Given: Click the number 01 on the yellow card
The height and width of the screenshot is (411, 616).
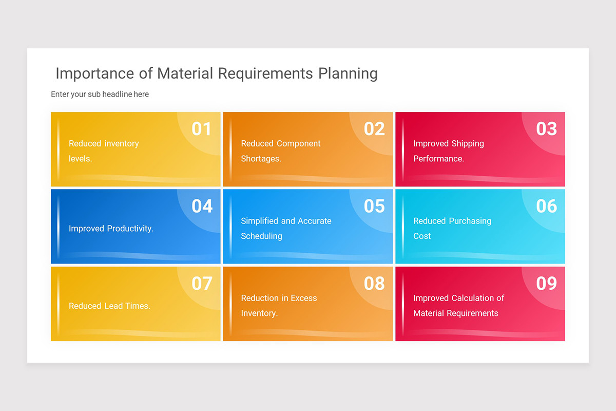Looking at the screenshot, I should point(201,128).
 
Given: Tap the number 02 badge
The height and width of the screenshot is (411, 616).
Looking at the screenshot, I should point(374,128).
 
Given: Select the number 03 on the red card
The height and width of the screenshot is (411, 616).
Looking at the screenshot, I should point(546,128).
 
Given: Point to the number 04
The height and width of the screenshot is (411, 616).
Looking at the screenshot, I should point(202,206).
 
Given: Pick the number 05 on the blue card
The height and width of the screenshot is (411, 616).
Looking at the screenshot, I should point(374,206).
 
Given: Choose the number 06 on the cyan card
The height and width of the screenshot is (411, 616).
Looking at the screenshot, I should point(546,206).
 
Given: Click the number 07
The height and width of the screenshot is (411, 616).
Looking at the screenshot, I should point(202,283).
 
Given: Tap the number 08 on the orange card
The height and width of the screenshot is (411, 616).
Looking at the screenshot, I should point(374,283).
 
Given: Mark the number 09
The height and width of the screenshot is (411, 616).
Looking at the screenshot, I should point(546,283).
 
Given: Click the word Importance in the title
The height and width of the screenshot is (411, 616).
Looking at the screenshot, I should point(95,73).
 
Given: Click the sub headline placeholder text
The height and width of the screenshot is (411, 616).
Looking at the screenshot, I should point(100,95).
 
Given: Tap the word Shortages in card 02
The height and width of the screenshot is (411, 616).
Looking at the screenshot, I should point(261,159).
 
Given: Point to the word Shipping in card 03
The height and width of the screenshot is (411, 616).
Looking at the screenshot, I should point(468,143).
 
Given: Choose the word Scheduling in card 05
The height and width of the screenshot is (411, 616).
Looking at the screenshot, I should point(261,236).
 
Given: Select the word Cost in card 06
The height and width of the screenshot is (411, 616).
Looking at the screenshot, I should point(422,236).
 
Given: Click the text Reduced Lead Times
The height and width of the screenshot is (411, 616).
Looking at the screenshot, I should point(109,306).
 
